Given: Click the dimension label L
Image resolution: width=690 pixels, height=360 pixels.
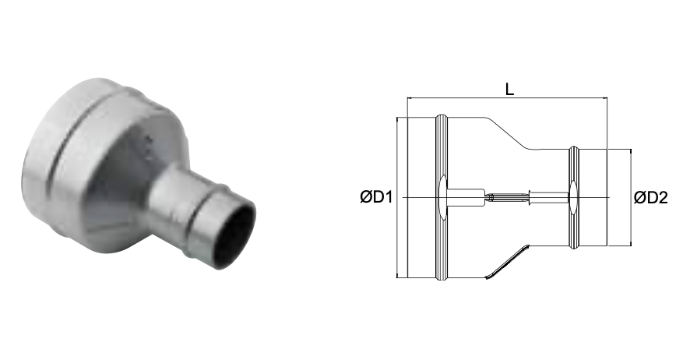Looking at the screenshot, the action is coord(509,90).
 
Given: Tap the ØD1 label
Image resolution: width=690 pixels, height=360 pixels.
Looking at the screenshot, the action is coord(376,196).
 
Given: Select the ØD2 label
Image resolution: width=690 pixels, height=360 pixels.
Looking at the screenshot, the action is coord(651,198).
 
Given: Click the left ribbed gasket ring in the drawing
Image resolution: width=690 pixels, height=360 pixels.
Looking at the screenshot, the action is coord(442,198).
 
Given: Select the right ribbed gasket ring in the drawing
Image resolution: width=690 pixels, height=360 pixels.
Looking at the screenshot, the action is coord(574,198).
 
